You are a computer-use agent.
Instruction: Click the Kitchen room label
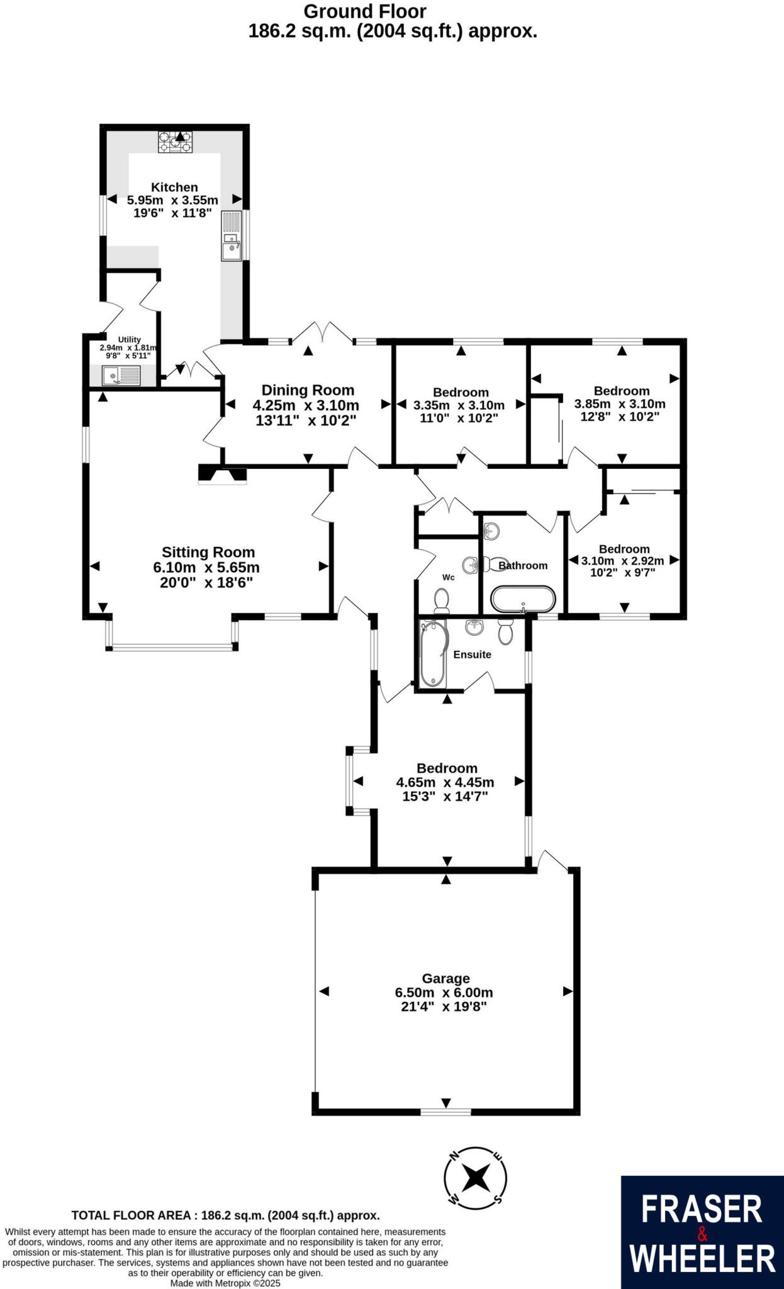(x=174, y=187)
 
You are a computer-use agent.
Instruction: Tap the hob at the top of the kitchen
(x=176, y=142)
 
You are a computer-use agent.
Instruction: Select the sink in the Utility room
(x=121, y=376)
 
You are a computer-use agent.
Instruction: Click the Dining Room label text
(x=308, y=390)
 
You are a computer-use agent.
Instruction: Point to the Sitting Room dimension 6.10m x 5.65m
(x=206, y=567)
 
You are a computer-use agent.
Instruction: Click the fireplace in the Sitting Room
(x=223, y=475)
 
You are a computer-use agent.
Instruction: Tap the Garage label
(x=445, y=978)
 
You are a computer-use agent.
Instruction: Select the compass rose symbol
(x=475, y=1177)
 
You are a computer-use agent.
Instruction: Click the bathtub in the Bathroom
(x=523, y=599)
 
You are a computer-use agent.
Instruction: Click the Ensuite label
(x=472, y=655)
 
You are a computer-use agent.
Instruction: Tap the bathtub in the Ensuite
(x=433, y=653)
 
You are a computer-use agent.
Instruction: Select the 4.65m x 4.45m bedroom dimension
(x=445, y=782)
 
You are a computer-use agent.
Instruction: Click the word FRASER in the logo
(x=702, y=1210)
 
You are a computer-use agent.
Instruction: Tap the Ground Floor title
(x=365, y=11)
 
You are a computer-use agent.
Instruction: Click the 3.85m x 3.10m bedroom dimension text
(x=620, y=404)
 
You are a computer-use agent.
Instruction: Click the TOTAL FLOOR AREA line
(x=225, y=1215)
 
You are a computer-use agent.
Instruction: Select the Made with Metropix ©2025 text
(x=225, y=1283)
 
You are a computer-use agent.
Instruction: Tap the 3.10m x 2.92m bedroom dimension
(x=622, y=561)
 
